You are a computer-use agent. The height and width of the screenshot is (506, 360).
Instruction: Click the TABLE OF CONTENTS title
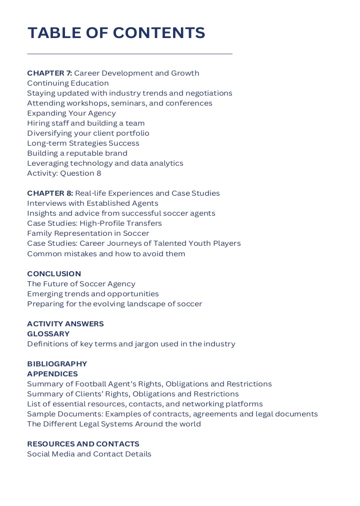click(x=116, y=33)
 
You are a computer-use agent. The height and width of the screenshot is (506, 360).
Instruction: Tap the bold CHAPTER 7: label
click(x=49, y=73)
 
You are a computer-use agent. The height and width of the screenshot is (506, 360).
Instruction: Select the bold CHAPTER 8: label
click(x=50, y=193)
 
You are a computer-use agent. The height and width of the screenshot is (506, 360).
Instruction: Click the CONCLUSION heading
click(x=54, y=274)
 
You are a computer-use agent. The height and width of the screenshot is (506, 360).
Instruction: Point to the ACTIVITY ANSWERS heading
click(x=65, y=324)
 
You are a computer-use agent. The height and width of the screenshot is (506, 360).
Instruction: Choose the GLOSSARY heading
click(x=48, y=334)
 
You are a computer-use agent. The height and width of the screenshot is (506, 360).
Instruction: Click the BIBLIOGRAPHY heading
click(x=57, y=364)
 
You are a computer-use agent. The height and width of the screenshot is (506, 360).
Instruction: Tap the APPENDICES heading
click(x=52, y=374)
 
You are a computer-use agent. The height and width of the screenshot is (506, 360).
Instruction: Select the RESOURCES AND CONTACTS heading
click(x=83, y=444)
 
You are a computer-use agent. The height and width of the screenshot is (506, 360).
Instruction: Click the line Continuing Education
click(x=68, y=83)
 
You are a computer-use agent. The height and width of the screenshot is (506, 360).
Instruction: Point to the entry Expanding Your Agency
click(x=71, y=113)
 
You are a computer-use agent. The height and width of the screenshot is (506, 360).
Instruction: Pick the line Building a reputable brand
click(x=77, y=153)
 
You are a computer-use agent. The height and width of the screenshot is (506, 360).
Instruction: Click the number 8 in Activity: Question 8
click(x=98, y=173)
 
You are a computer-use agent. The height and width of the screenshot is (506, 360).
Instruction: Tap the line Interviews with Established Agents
click(x=92, y=203)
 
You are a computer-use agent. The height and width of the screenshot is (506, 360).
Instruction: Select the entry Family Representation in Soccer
click(x=88, y=233)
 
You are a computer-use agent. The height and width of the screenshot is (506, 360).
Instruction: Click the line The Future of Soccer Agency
click(x=81, y=284)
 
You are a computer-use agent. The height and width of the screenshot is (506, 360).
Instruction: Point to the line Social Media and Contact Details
click(x=89, y=454)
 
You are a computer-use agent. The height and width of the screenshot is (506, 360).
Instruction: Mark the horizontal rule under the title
click(x=129, y=54)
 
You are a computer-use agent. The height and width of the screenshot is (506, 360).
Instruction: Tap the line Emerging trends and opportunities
click(x=93, y=294)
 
